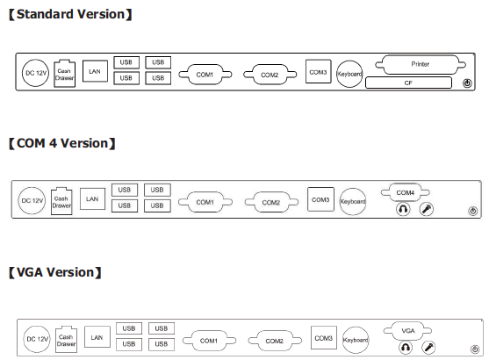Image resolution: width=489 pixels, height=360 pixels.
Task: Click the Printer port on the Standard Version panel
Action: [421, 65]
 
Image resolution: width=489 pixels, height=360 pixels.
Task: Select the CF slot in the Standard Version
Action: [408, 83]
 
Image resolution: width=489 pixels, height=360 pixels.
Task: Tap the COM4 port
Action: [405, 192]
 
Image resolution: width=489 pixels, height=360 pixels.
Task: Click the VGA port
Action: [407, 331]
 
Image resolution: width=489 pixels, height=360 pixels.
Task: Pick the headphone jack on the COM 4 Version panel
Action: [403, 209]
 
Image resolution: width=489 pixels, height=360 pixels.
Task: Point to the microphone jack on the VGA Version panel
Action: [428, 347]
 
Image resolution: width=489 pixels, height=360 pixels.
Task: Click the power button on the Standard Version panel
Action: [467, 83]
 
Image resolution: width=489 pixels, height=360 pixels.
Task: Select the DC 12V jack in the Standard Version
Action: [35, 73]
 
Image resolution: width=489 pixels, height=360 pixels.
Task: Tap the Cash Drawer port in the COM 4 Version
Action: [61, 201]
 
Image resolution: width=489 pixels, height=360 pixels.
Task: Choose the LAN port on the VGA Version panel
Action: [97, 337]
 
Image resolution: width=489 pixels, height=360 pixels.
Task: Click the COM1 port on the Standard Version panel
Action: [205, 75]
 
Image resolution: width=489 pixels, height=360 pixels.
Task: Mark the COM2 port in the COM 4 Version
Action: [271, 203]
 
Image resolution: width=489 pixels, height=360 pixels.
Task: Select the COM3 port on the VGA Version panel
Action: [324, 338]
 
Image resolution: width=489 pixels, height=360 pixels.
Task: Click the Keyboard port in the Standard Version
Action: [349, 74]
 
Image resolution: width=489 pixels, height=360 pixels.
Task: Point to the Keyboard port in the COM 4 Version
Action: [353, 202]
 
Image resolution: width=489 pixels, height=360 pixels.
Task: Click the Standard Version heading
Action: [70, 14]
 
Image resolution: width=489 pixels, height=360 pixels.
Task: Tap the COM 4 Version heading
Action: [62, 143]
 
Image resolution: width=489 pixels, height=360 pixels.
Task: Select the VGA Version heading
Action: [55, 272]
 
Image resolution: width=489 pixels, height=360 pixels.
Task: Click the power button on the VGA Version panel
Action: [475, 349]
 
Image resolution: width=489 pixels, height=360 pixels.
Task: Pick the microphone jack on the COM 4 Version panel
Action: [427, 209]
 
